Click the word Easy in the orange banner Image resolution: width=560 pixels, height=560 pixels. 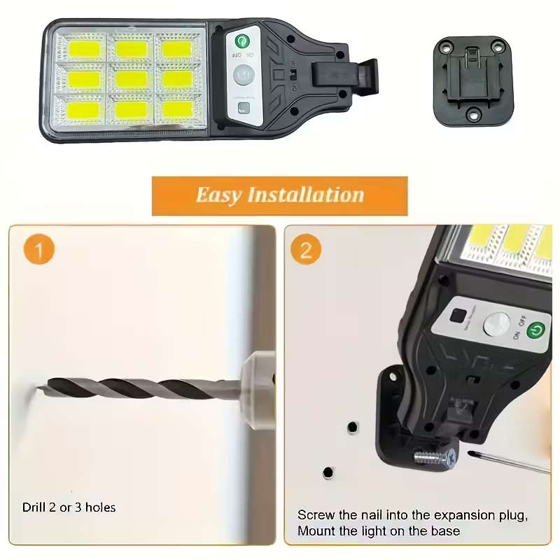pos(218,195)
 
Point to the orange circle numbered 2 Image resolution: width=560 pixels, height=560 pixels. pos(306,250)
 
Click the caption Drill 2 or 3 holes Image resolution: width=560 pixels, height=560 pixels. pos(69,507)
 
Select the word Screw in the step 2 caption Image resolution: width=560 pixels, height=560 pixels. pos(314,515)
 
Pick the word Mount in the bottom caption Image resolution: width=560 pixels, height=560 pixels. pos(316,531)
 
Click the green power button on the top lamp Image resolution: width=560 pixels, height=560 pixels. pos(243,41)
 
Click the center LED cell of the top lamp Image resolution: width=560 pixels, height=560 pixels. pos(131,78)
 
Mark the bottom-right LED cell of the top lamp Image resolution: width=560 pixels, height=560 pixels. pos(178,108)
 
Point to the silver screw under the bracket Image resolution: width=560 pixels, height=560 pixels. pos(434,458)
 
